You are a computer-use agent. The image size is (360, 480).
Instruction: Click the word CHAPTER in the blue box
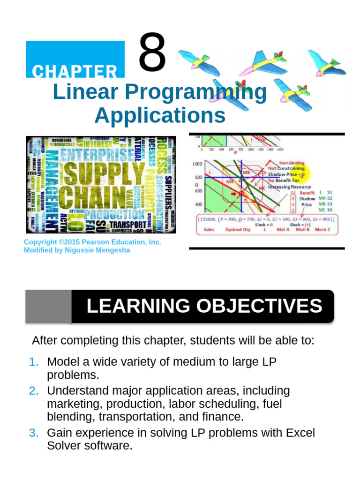[x=75, y=72]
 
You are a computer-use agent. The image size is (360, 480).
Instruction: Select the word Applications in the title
[x=160, y=115]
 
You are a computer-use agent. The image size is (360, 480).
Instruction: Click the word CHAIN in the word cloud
[x=94, y=197]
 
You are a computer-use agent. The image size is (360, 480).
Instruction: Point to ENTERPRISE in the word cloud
[x=97, y=154]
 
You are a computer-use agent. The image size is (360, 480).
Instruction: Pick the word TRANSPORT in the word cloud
[x=127, y=225]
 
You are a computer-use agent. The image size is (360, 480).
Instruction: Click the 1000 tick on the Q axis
[x=196, y=164]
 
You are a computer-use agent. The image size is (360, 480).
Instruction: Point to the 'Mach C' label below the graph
[x=322, y=230]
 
